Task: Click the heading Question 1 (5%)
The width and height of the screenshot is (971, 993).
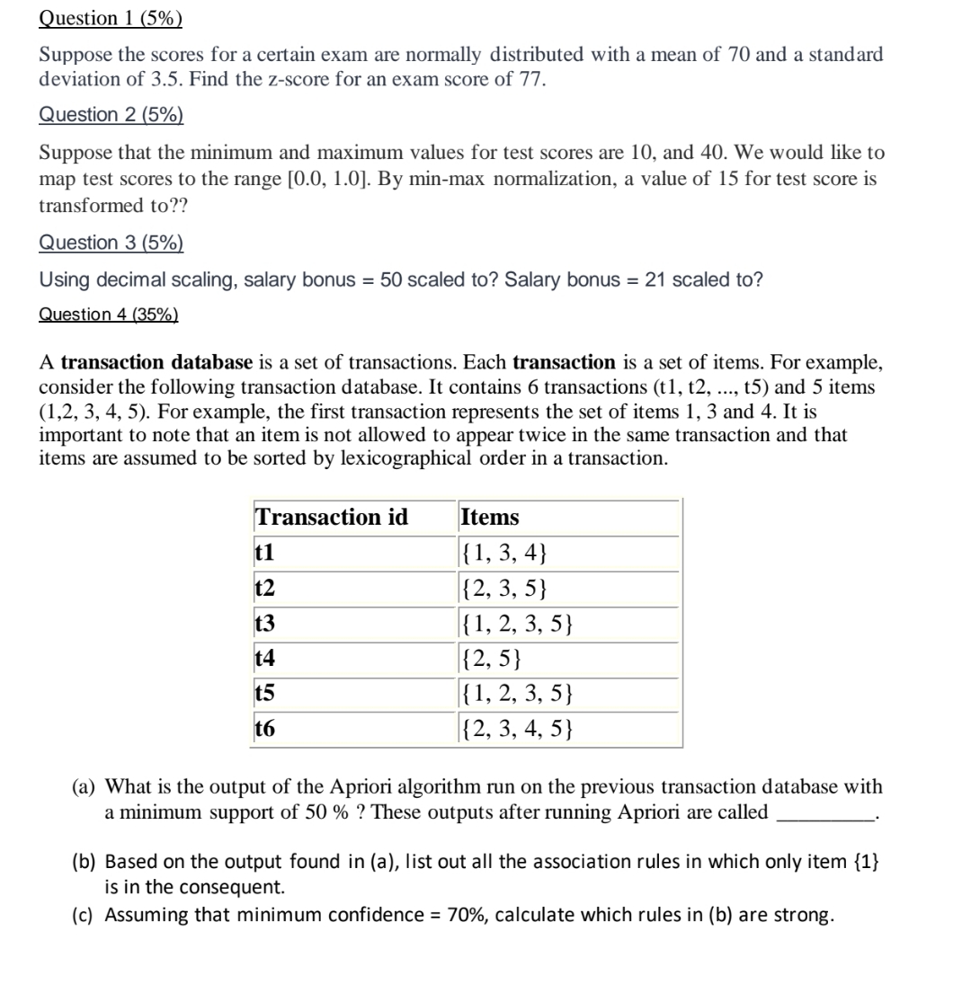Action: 111,18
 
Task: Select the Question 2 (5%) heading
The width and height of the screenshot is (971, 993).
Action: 111,115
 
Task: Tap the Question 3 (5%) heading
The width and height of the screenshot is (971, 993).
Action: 111,243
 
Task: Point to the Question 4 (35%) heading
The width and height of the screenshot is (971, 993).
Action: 109,315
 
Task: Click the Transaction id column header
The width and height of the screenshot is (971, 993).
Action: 332,518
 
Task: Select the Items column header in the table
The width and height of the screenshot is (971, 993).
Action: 490,518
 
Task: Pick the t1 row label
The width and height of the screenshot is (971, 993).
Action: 264,553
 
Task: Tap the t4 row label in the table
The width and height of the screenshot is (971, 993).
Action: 265,659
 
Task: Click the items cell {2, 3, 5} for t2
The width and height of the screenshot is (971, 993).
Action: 503,589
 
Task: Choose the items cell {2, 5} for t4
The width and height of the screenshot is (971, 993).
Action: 491,659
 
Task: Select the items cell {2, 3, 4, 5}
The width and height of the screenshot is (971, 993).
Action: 516,729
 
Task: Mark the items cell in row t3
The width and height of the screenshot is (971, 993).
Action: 516,624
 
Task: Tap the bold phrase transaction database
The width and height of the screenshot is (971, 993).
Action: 157,363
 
